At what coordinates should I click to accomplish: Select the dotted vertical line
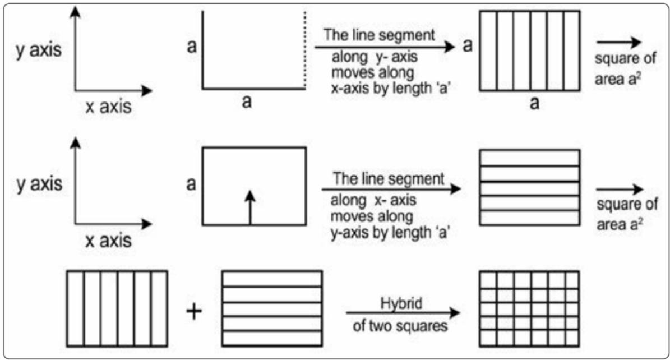[x=305, y=49]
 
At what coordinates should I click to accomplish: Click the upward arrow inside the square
[x=251, y=206]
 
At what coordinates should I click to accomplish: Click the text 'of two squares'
[x=399, y=326]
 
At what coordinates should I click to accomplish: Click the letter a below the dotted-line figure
[x=246, y=103]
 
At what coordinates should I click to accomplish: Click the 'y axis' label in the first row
[x=38, y=50]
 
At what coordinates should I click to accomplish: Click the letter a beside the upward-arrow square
[x=191, y=183]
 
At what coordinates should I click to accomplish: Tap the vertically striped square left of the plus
[x=117, y=308]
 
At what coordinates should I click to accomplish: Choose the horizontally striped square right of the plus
[x=272, y=308]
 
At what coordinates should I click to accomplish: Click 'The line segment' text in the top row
[x=379, y=35]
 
